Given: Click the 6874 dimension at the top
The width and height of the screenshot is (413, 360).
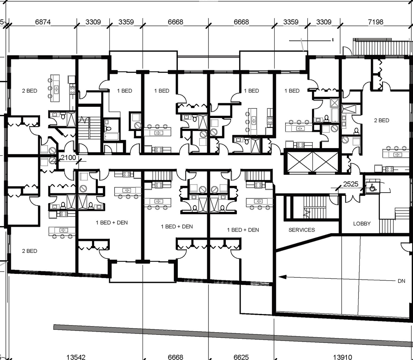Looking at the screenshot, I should click(43, 22).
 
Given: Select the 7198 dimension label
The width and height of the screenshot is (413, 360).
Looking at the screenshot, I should click(376, 22).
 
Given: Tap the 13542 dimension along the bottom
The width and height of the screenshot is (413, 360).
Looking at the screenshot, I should click(76, 357).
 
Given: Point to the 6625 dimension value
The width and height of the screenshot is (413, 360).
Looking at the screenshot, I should click(241, 357).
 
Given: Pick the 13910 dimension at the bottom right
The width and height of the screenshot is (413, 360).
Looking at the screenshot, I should click(342, 357).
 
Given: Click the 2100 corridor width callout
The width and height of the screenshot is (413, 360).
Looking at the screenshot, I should click(68, 158).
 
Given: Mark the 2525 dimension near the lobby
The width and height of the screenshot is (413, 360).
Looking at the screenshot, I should click(351, 184).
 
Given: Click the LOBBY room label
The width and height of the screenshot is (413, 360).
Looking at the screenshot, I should click(362, 224).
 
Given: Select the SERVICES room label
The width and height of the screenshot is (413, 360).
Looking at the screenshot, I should click(302, 230).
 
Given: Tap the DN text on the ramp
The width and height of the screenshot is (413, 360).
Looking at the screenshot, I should click(401, 281).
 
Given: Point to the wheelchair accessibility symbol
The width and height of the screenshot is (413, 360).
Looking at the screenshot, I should click(372, 187).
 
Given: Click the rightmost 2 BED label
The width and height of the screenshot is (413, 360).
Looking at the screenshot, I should click(381, 120).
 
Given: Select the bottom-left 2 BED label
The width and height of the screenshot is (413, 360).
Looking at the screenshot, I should click(29, 251).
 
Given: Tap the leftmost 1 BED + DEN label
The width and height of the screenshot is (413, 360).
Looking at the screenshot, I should click(112, 223).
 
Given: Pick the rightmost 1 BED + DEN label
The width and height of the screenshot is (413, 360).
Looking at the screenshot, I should click(243, 230).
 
